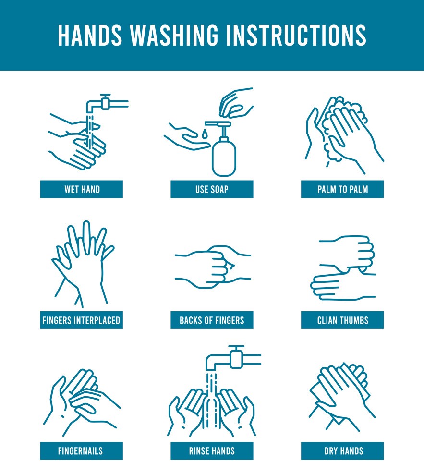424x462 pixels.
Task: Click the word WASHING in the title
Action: tap(174, 36)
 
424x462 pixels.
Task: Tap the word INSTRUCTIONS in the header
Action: tap(296, 36)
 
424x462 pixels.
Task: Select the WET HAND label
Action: tap(82, 189)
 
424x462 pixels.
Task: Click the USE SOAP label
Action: tap(212, 189)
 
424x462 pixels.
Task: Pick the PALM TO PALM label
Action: tap(342, 189)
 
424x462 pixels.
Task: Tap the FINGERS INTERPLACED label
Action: tap(82, 320)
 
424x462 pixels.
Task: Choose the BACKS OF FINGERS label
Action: tap(212, 320)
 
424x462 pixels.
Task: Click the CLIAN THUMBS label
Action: tap(342, 320)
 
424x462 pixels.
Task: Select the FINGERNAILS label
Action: tap(82, 451)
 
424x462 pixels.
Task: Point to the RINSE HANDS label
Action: tap(212, 451)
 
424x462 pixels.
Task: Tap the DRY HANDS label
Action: tap(342, 451)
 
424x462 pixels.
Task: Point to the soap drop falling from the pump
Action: tap(205, 134)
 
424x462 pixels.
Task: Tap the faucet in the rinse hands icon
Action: tap(233, 358)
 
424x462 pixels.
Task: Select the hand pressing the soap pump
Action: tap(236, 103)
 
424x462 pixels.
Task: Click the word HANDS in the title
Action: tap(90, 36)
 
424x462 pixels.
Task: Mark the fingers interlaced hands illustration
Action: tap(83, 264)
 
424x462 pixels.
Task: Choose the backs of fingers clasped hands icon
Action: tap(213, 267)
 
